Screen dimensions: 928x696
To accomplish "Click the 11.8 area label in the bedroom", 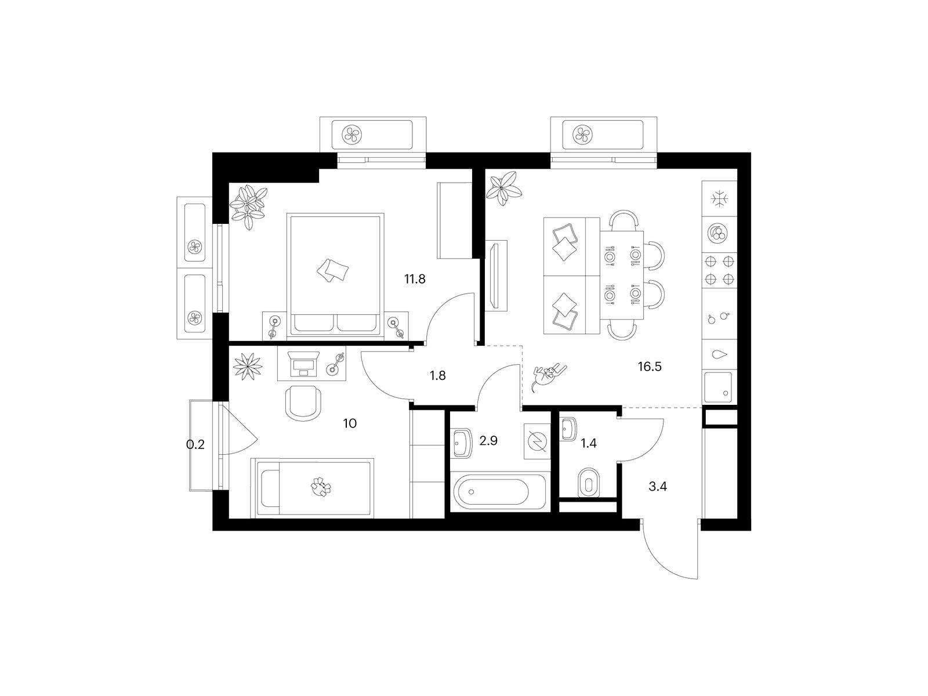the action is pos(414,279).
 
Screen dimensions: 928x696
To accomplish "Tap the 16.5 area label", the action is pos(650,367).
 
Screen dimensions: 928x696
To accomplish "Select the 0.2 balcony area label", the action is pos(195,444).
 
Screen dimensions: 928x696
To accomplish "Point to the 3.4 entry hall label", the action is pos(657,487).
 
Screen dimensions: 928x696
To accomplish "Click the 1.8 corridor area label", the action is pos(437,375).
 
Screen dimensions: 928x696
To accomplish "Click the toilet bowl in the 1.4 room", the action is pos(589,482).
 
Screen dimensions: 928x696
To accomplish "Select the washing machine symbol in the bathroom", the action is pos(537,441).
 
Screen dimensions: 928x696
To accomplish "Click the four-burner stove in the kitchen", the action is pos(719,271).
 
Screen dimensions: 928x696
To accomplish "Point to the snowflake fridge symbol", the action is pos(719,198).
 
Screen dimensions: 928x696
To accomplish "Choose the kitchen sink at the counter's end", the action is pos(718,387).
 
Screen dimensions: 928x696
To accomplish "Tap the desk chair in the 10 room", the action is pos(303,404).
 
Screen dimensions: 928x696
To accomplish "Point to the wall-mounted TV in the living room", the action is pos(494,276).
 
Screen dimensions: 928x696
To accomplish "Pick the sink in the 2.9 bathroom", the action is pos(462,443).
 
